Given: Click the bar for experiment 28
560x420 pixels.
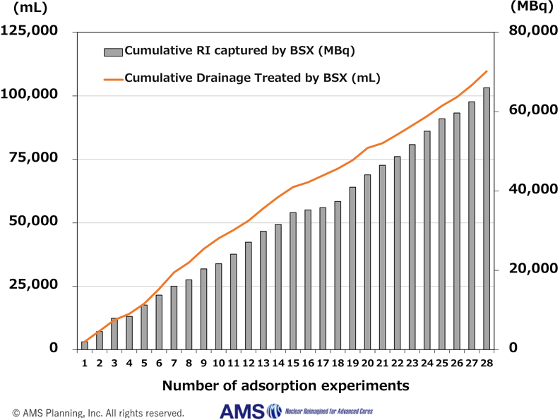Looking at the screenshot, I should pyautogui.click(x=487, y=218).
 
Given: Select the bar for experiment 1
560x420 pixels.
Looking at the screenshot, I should pyautogui.click(x=85, y=345).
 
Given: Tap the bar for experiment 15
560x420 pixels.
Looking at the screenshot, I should pyautogui.click(x=293, y=280).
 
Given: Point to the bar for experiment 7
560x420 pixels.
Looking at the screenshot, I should pyautogui.click(x=174, y=317).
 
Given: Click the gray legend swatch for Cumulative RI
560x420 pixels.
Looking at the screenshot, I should pyautogui.click(x=113, y=52).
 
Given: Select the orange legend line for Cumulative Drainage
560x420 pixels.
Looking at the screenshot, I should pyautogui.click(x=113, y=79).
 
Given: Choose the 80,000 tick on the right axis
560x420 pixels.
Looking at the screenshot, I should pyautogui.click(x=528, y=32).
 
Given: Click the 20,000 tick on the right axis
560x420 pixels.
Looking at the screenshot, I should pyautogui.click(x=528, y=270).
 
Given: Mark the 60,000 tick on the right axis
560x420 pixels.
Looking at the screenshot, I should pyautogui.click(x=528, y=111).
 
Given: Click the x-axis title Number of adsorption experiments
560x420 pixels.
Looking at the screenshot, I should pyautogui.click(x=285, y=386).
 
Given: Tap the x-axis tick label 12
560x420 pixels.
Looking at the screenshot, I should pyautogui.click(x=248, y=363).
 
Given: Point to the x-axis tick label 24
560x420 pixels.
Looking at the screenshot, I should pyautogui.click(x=427, y=363).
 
